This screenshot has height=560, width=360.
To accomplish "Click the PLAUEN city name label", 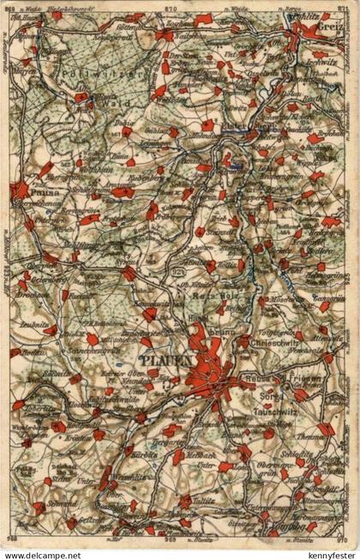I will pos(165,361).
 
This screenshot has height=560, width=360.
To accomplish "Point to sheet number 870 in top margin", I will pos(177,7).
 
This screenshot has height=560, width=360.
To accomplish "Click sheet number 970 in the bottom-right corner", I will pos(344,539).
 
